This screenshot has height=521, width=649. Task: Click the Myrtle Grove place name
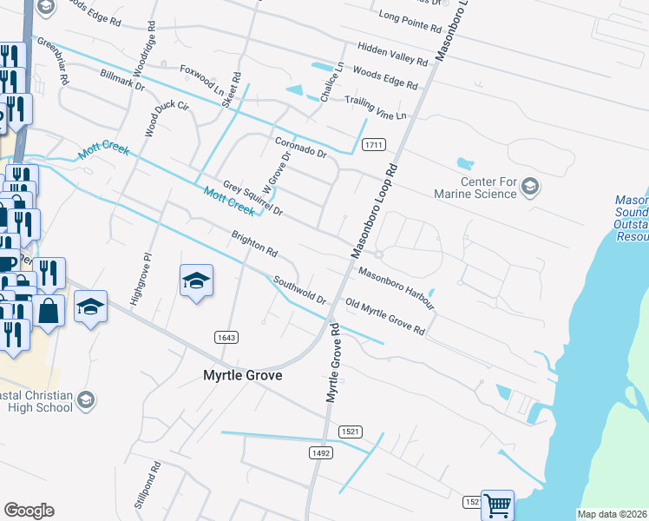tap(237, 376)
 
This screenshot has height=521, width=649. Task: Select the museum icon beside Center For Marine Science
tap(531, 185)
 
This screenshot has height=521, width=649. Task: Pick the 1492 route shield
tap(320, 452)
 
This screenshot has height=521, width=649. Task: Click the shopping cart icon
tap(497, 505)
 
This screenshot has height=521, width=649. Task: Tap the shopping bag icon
tap(49, 312)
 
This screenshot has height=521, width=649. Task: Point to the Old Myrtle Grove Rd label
tap(384, 317)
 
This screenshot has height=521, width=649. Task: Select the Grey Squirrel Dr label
tap(252, 198)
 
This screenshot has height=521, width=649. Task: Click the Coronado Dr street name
tap(300, 147)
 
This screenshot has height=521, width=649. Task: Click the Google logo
tap(29, 511)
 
